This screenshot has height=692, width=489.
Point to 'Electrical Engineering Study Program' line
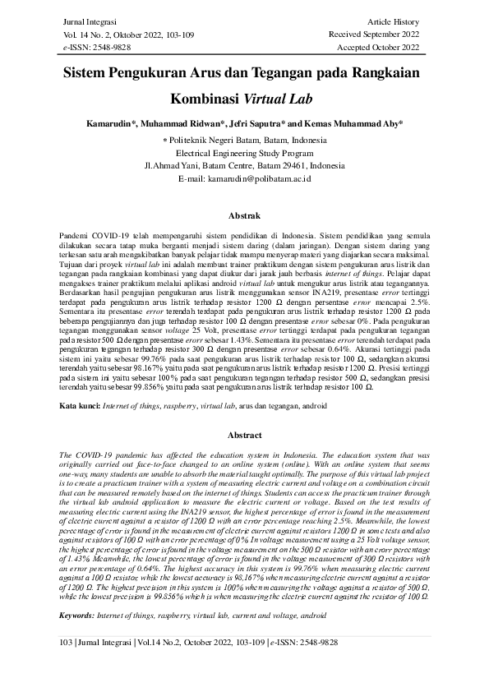click(x=244, y=152)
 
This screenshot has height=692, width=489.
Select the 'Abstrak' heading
click(x=244, y=215)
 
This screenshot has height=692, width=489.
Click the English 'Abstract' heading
click(x=244, y=435)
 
